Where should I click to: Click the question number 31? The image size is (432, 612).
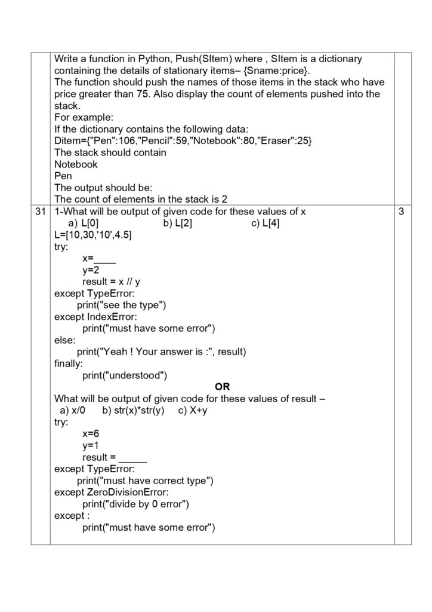[40, 212]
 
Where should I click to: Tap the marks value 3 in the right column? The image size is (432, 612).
[401, 212]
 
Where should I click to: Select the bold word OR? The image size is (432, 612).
[222, 387]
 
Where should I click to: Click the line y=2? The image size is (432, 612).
[91, 270]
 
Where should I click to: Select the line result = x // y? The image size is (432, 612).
[111, 282]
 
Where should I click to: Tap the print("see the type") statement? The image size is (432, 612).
[121, 305]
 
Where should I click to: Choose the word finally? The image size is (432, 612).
[69, 363]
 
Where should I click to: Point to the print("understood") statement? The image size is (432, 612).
[125, 375]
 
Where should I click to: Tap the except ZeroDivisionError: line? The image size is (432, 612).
[111, 492]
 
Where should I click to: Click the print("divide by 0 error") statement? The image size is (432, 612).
[135, 504]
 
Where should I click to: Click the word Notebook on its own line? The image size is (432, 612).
[76, 164]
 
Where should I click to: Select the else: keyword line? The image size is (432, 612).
[65, 340]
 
